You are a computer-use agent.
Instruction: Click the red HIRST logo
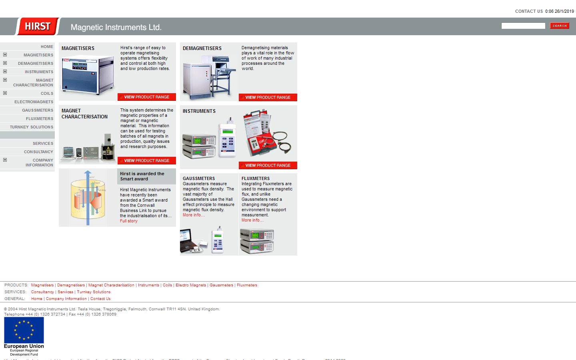(38, 26)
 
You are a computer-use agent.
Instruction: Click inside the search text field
(523, 26)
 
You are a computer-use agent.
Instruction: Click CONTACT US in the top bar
(529, 11)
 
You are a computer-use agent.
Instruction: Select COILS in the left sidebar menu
(47, 94)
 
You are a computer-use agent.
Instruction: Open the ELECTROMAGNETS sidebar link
(34, 102)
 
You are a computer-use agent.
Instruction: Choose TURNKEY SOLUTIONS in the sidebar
(32, 127)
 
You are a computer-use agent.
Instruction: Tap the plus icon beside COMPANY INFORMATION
(5, 160)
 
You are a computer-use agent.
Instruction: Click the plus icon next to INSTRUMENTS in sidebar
(5, 72)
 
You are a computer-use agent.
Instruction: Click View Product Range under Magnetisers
(146, 97)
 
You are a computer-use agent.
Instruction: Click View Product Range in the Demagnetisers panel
(268, 98)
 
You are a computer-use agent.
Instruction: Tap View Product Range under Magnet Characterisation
(146, 161)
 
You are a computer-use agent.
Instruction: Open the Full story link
(128, 221)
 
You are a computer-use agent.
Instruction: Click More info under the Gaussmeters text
(194, 215)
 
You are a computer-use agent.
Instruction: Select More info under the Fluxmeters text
(252, 220)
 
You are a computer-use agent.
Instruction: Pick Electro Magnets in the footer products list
(191, 285)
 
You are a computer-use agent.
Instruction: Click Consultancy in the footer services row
(42, 292)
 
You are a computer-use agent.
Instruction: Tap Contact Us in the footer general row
(100, 299)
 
